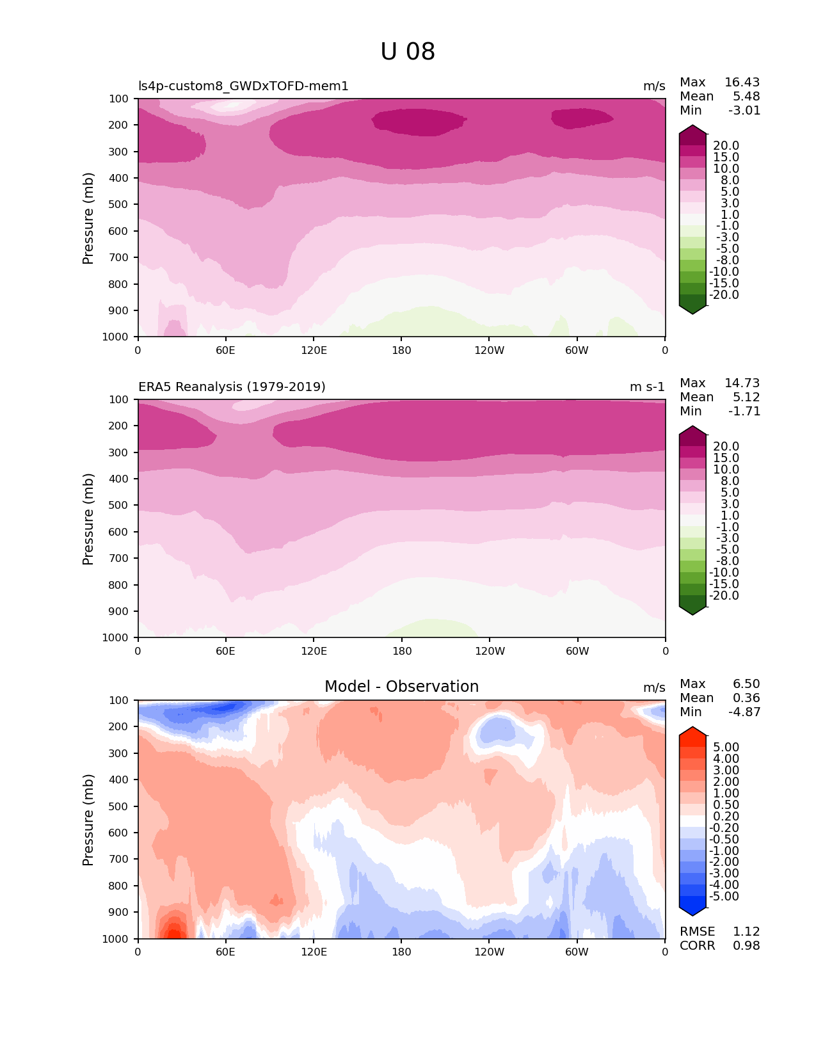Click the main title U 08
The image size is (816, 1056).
pyautogui.click(x=408, y=52)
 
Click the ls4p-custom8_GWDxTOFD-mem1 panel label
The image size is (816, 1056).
pyautogui.click(x=243, y=86)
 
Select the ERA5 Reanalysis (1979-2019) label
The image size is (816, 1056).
pyautogui.click(x=232, y=387)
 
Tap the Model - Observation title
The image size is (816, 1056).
pyautogui.click(x=401, y=687)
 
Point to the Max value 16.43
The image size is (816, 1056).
pyautogui.click(x=742, y=83)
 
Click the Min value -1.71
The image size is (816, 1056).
pyautogui.click(x=744, y=412)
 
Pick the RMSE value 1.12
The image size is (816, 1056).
pyautogui.click(x=746, y=932)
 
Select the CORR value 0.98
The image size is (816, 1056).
pyautogui.click(x=746, y=946)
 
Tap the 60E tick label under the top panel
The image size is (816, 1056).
pyautogui.click(x=225, y=350)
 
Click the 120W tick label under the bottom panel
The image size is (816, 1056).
pyautogui.click(x=489, y=952)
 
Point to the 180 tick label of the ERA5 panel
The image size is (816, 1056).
pyautogui.click(x=402, y=652)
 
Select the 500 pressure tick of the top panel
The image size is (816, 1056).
pyautogui.click(x=119, y=205)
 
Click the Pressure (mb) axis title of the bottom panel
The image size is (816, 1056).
pyautogui.click(x=88, y=820)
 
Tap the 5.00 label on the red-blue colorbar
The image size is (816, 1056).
pyautogui.click(x=726, y=748)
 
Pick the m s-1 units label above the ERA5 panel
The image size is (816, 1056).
pyautogui.click(x=647, y=387)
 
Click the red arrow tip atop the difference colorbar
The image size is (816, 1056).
pyautogui.click(x=692, y=732)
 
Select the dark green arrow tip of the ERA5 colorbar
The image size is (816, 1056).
pyautogui.click(x=692, y=611)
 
